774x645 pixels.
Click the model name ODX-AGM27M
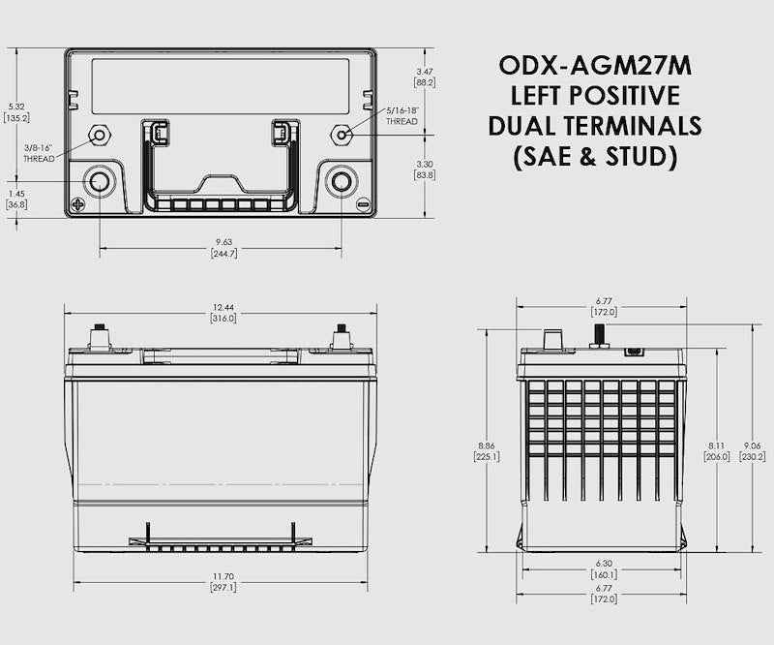tap(595, 65)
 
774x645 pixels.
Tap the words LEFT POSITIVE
tap(595, 95)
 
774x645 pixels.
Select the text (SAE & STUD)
tap(595, 157)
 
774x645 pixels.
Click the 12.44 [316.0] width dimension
tap(223, 313)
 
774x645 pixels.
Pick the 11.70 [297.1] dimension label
tap(223, 583)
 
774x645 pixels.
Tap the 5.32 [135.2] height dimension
tap(16, 111)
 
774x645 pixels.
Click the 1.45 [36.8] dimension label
tap(16, 199)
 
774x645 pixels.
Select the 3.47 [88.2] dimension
tap(425, 77)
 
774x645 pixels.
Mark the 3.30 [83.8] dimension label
tap(425, 169)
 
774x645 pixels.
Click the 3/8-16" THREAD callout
tap(40, 153)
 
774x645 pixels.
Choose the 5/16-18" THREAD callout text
tap(402, 116)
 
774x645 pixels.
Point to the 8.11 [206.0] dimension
tap(716, 451)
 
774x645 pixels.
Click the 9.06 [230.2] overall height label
tap(755, 451)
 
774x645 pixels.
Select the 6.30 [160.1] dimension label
tap(605, 568)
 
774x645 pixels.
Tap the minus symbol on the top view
tap(363, 204)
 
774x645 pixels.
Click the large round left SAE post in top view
tap(100, 181)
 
